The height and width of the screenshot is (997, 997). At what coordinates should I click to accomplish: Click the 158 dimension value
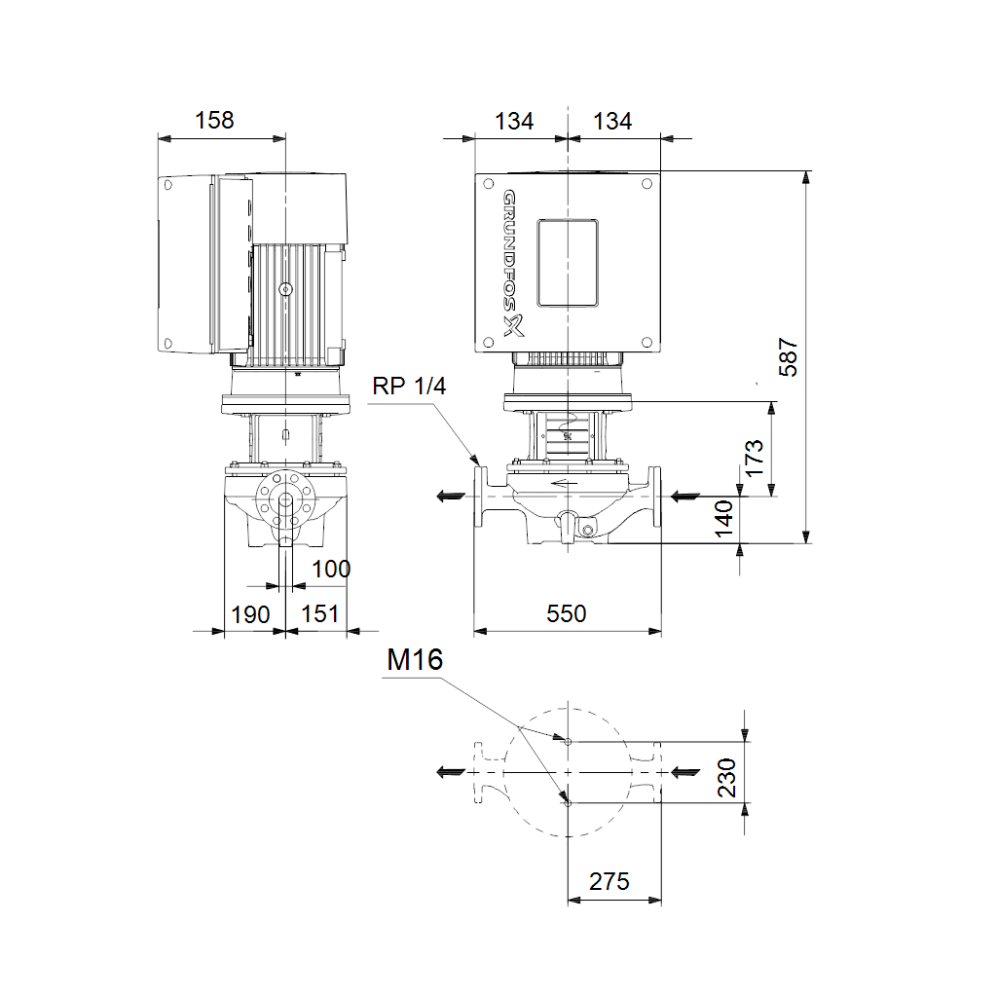point(214,120)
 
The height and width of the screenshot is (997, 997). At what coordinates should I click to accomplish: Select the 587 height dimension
point(788,356)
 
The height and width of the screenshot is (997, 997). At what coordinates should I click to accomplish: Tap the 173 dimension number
point(754,458)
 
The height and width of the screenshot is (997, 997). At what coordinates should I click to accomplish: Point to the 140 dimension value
point(723,518)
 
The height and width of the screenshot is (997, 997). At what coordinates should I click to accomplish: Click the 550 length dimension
point(566,613)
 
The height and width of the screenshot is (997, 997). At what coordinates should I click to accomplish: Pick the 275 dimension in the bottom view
point(609,881)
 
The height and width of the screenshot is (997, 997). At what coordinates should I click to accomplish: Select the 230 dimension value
point(726,777)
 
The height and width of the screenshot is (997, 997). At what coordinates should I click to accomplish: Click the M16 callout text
point(415,659)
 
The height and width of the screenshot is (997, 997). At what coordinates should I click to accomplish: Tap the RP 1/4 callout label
point(409,386)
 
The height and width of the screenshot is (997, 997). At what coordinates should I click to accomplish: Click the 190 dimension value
point(250,615)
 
